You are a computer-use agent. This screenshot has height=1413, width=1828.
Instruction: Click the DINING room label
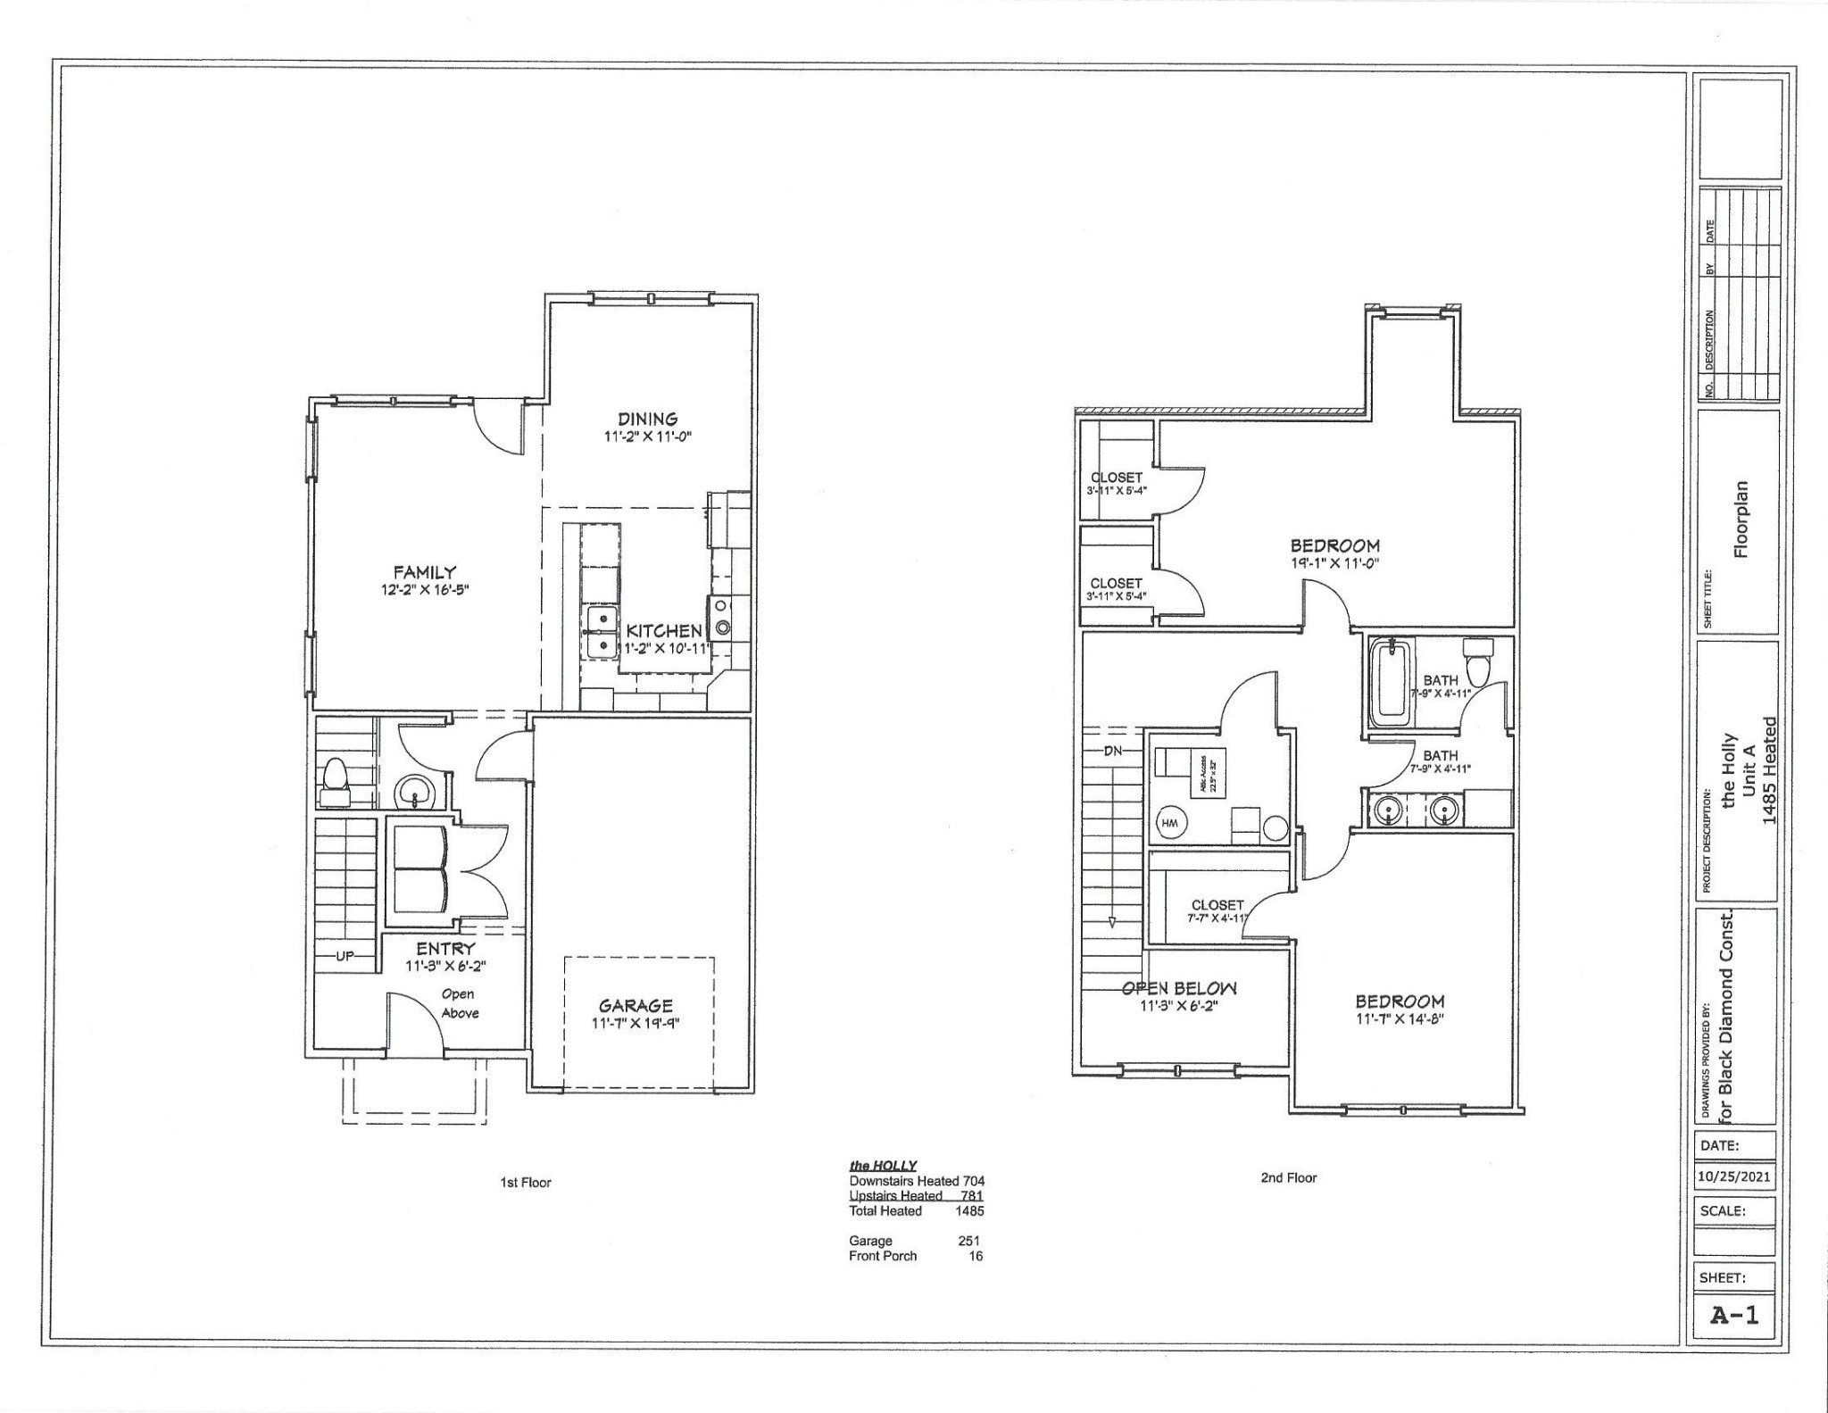pyautogui.click(x=648, y=419)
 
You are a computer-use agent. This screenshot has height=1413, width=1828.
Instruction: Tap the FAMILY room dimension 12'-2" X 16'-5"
pyautogui.click(x=425, y=590)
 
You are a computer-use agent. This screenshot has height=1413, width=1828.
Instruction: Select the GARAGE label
pyautogui.click(x=636, y=1006)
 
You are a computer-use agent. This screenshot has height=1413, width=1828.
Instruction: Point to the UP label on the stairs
pyautogui.click(x=345, y=956)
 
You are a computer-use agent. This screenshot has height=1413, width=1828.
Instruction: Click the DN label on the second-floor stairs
pyautogui.click(x=1112, y=751)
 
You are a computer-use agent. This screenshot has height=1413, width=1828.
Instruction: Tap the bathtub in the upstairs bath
pyautogui.click(x=1392, y=683)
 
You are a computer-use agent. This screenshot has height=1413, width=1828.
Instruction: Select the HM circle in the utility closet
pyautogui.click(x=1170, y=824)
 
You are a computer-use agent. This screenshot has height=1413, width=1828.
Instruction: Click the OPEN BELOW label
pyautogui.click(x=1179, y=988)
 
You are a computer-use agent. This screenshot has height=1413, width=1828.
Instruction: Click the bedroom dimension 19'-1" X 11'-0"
pyautogui.click(x=1335, y=563)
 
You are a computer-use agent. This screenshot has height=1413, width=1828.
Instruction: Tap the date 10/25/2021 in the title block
pyautogui.click(x=1734, y=1176)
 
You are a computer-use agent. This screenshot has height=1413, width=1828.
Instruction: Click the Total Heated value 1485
pyautogui.click(x=968, y=1211)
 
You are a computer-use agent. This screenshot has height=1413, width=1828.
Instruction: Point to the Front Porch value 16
pyautogui.click(x=976, y=1256)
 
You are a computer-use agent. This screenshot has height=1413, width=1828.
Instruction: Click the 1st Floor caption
pyautogui.click(x=525, y=1182)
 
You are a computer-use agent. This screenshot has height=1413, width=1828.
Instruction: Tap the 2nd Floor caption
pyautogui.click(x=1288, y=1177)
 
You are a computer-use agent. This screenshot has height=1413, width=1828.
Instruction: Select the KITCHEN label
pyautogui.click(x=663, y=631)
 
